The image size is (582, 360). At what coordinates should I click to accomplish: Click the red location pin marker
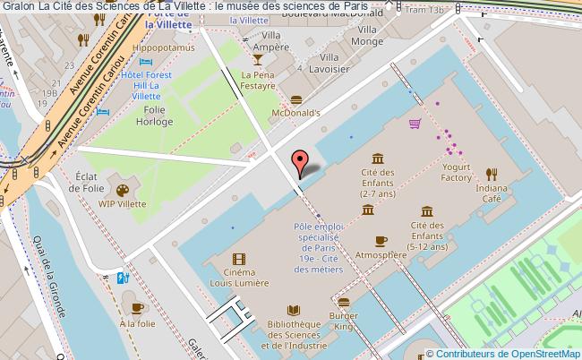point(299,163)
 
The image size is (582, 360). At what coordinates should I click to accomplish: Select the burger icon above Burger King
point(344,302)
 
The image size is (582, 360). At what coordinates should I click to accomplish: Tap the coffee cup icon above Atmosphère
point(381,240)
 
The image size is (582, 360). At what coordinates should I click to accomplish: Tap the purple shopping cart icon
point(415,124)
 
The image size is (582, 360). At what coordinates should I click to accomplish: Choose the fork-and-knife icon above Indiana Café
point(492,173)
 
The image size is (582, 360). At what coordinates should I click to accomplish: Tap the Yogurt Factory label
point(456,172)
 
